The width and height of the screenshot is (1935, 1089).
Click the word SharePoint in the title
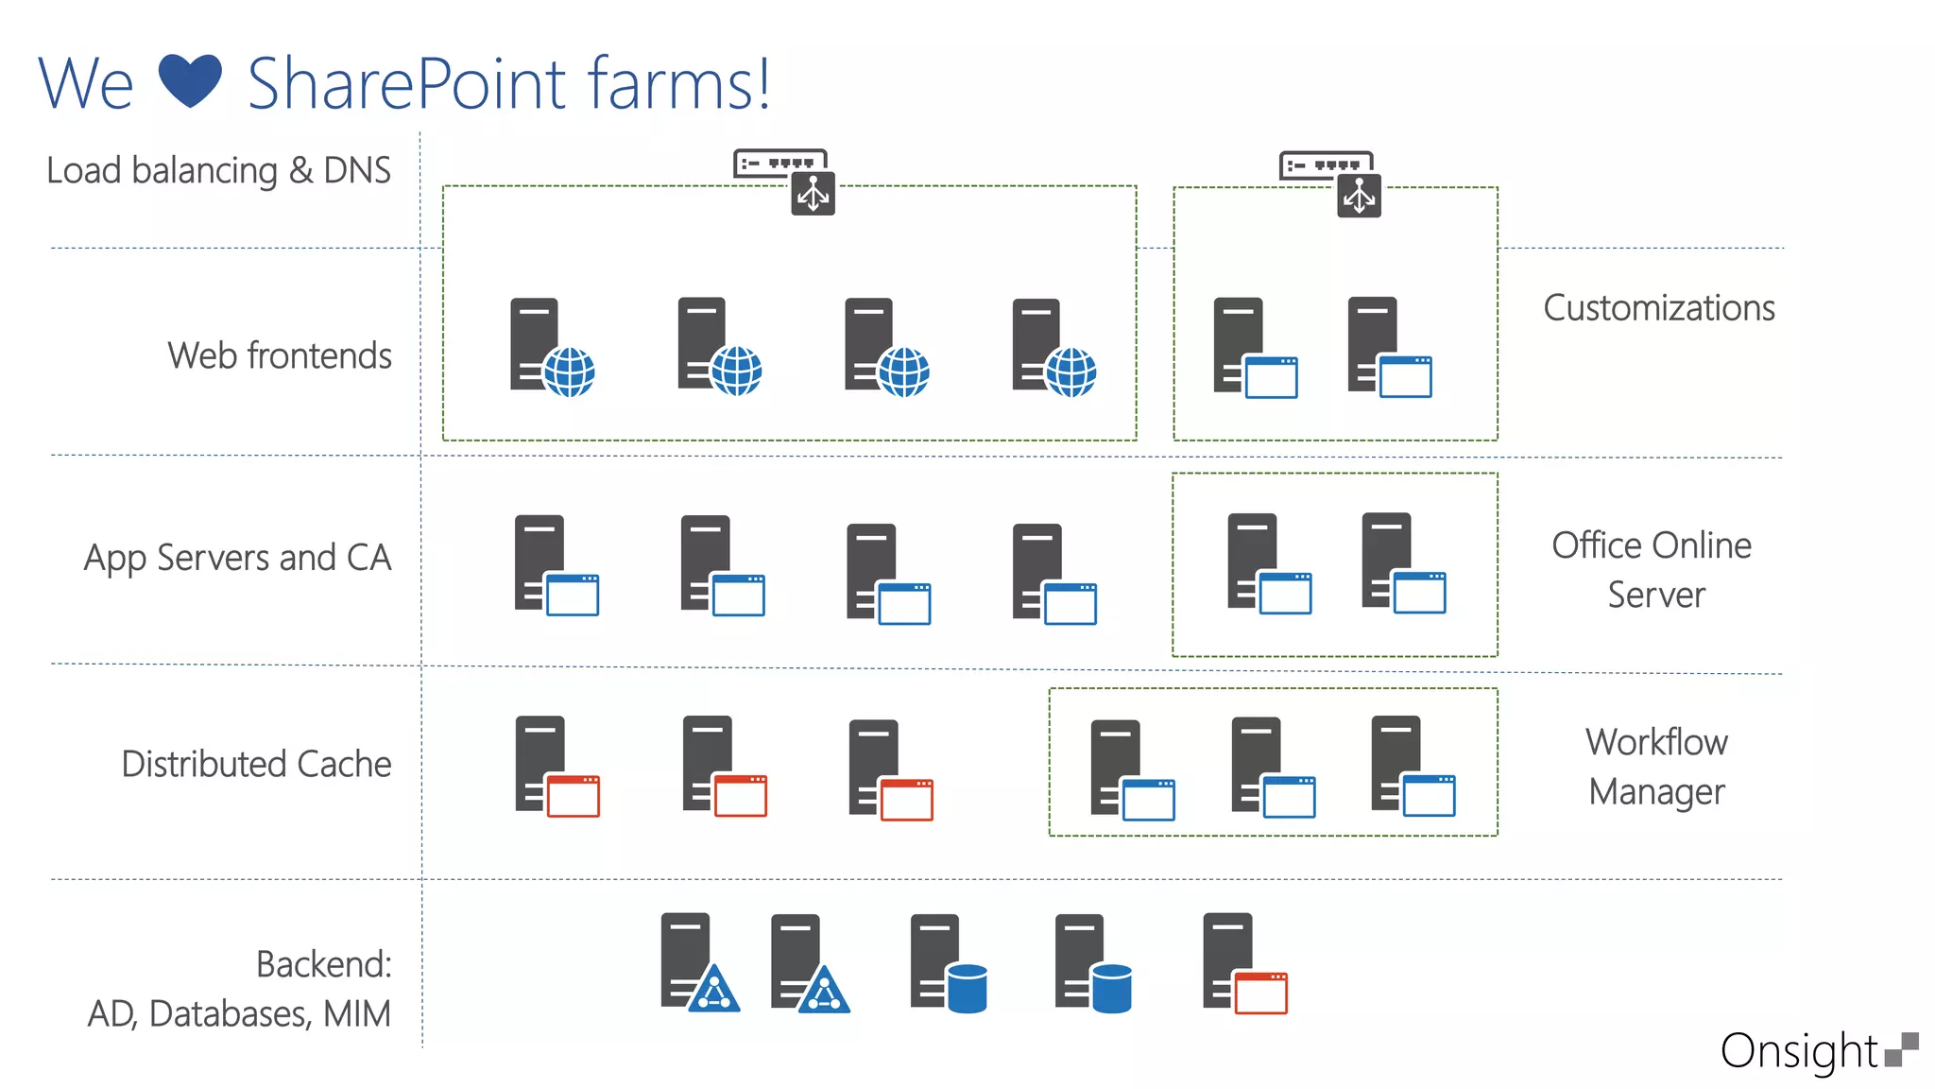[x=406, y=85]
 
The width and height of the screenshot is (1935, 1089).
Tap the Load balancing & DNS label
[x=218, y=171]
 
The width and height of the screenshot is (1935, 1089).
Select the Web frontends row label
[x=280, y=356]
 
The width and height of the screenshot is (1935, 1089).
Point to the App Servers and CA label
[x=237, y=558]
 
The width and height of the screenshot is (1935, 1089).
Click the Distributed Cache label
[x=256, y=764]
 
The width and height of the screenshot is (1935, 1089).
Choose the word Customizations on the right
[x=1658, y=308]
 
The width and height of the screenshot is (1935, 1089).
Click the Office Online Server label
[x=1652, y=569]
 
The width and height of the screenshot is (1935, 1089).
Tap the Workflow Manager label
[x=1656, y=767]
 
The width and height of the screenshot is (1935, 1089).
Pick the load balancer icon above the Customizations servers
[x=1331, y=182]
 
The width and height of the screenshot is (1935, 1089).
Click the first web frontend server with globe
[x=551, y=348]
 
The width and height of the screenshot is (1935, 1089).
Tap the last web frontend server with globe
[x=1053, y=348]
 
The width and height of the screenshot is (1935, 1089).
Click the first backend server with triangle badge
[x=698, y=962]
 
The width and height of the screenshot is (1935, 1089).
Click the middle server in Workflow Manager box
[x=1272, y=767]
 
